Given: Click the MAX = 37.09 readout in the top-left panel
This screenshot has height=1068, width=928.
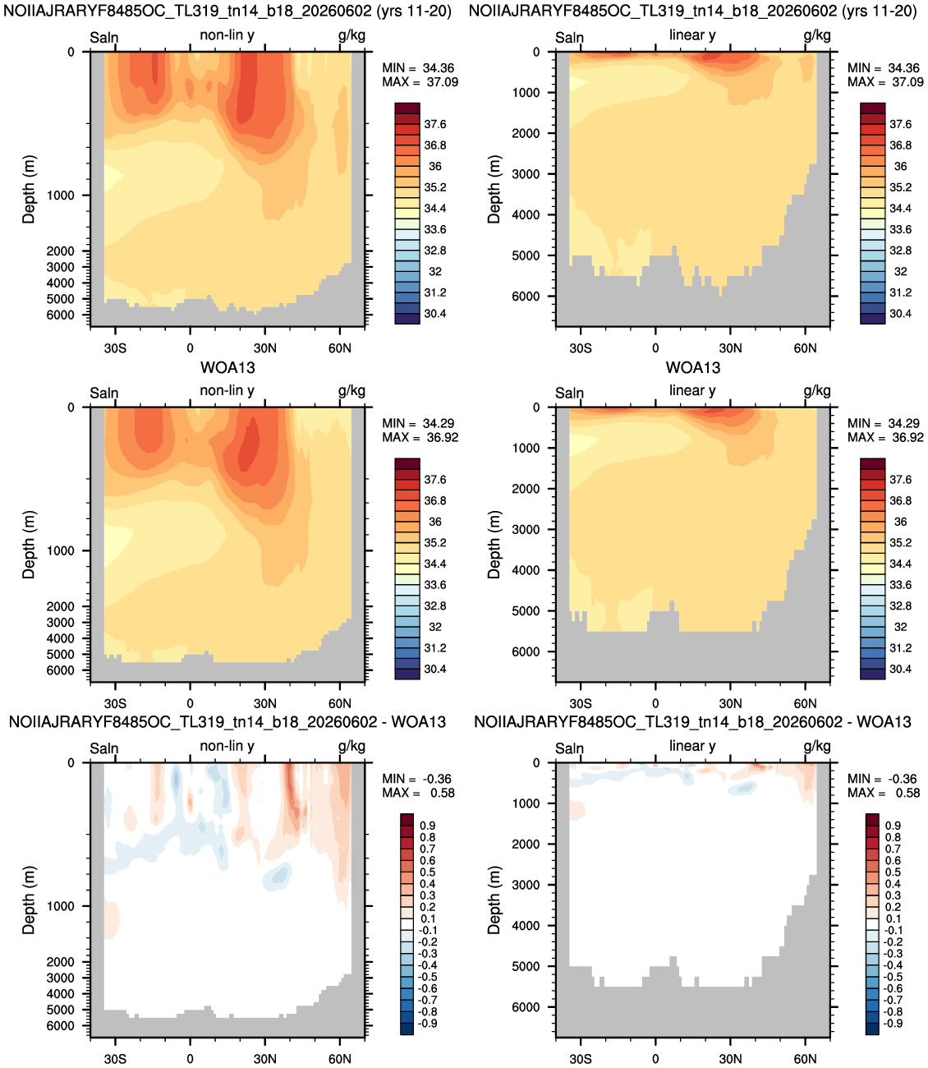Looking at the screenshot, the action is [x=420, y=82].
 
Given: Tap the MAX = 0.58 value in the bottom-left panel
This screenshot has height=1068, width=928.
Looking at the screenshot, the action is [x=418, y=793].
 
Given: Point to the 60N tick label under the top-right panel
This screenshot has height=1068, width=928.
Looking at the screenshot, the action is [x=805, y=348].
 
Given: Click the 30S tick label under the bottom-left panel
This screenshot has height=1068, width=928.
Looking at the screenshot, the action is [x=115, y=1059].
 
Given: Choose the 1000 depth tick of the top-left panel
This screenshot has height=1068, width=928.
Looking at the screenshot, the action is [x=61, y=196].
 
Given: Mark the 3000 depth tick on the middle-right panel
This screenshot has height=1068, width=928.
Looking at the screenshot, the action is [x=526, y=529].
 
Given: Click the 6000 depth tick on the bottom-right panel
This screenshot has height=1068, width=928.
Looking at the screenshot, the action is [x=526, y=1007].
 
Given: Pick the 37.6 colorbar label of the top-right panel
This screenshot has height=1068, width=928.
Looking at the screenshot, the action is [x=900, y=124].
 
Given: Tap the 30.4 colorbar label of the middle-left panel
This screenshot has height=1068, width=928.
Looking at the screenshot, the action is [x=434, y=670].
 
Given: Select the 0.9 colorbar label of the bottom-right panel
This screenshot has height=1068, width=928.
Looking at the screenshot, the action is [x=893, y=826].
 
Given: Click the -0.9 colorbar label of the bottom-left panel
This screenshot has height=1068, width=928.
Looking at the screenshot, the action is [x=426, y=1023].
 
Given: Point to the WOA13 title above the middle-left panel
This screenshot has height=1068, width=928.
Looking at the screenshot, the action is [x=227, y=367].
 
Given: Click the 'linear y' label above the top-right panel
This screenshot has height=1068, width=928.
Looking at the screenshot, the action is [x=692, y=35].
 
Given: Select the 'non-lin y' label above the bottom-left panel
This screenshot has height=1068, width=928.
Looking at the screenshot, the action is [x=227, y=746].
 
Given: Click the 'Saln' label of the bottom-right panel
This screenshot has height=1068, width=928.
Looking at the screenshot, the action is [x=569, y=748].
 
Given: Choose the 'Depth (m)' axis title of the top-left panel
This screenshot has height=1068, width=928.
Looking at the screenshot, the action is [x=28, y=189].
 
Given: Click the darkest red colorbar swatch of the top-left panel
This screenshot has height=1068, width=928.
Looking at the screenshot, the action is [x=407, y=108].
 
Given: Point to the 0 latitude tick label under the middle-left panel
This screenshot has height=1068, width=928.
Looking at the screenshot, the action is [x=190, y=704].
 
